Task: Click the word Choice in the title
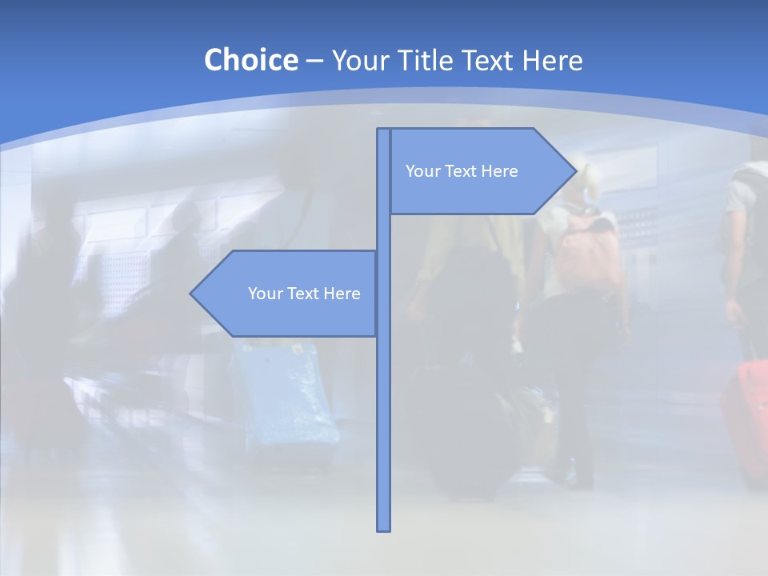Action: coord(250,60)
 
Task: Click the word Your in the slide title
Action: coord(360,60)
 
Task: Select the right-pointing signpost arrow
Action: coord(480,171)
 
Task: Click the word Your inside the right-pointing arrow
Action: coord(422,171)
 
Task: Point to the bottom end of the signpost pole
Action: coord(383,528)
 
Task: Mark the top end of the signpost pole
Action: coord(383,130)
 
